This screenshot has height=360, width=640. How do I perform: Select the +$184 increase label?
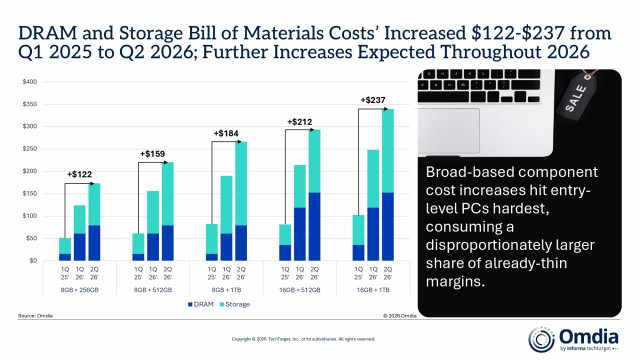pyautogui.click(x=229, y=133)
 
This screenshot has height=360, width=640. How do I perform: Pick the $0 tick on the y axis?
pyautogui.click(x=32, y=261)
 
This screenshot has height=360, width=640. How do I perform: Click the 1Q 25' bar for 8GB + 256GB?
pyautogui.click(x=65, y=249)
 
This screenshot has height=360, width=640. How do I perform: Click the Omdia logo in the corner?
pyautogui.click(x=589, y=333)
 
